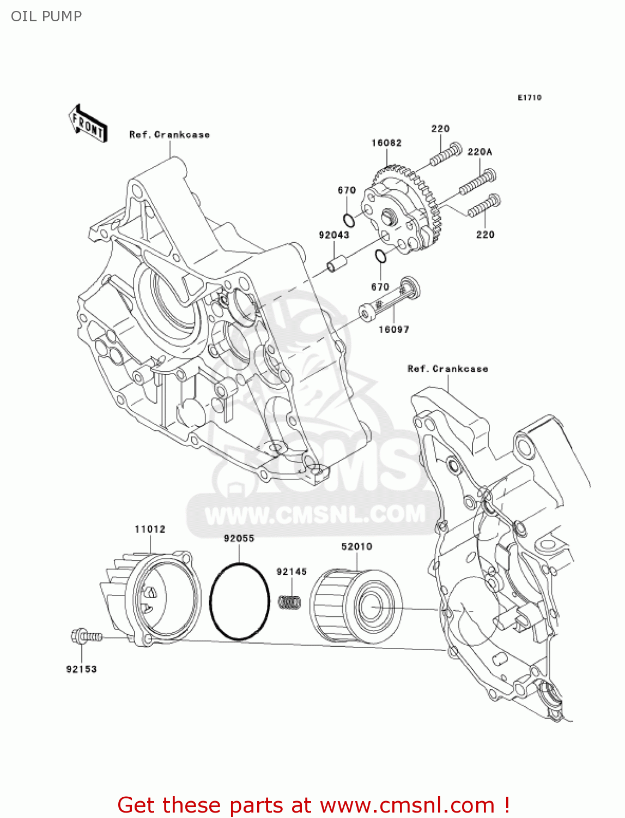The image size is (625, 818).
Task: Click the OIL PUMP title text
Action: coord(46,16)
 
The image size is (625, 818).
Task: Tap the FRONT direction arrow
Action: coord(87,124)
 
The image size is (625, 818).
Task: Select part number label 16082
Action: coord(386,143)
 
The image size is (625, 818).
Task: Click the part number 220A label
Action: coord(480,152)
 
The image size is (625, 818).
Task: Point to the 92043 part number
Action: coord(334,235)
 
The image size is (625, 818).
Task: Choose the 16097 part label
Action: coord(394,329)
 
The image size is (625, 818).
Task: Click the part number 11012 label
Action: coord(150,529)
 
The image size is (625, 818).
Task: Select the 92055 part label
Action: coord(239,538)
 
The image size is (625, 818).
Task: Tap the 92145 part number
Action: coord(292,572)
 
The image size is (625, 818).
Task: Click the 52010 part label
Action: coord(357,546)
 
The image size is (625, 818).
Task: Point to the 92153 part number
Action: coord(82,669)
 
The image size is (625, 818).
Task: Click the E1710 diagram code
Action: coord(530,98)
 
